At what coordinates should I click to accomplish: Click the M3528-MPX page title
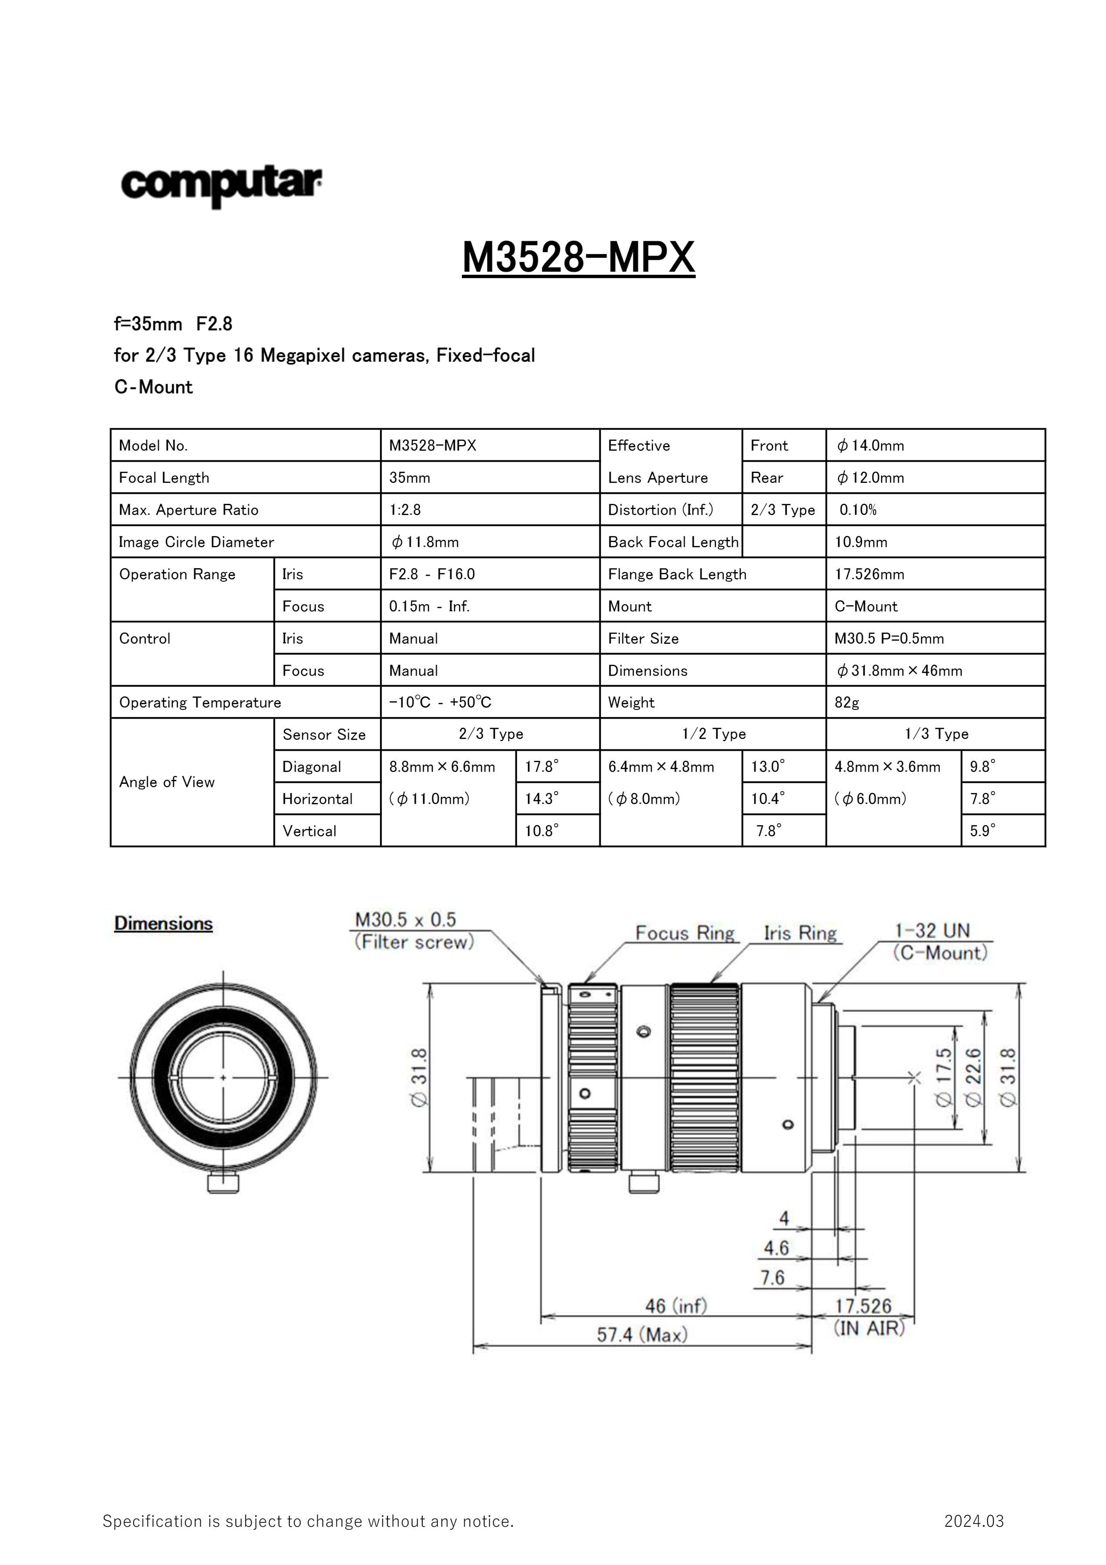coord(578,258)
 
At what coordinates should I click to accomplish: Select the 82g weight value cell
coord(846,702)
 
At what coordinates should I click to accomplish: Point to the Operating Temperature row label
coord(200,702)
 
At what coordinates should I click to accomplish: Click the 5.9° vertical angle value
coord(982,831)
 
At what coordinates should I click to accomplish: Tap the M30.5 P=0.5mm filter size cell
coord(889,639)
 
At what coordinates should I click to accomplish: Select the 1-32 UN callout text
coord(932,930)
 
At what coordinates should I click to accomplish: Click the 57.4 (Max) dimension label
coord(642,1334)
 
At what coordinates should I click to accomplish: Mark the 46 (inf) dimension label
coord(676,1305)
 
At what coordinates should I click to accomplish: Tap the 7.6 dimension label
coord(772,1277)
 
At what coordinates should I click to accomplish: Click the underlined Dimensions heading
coord(163,924)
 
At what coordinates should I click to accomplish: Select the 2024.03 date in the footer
coord(974,1521)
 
